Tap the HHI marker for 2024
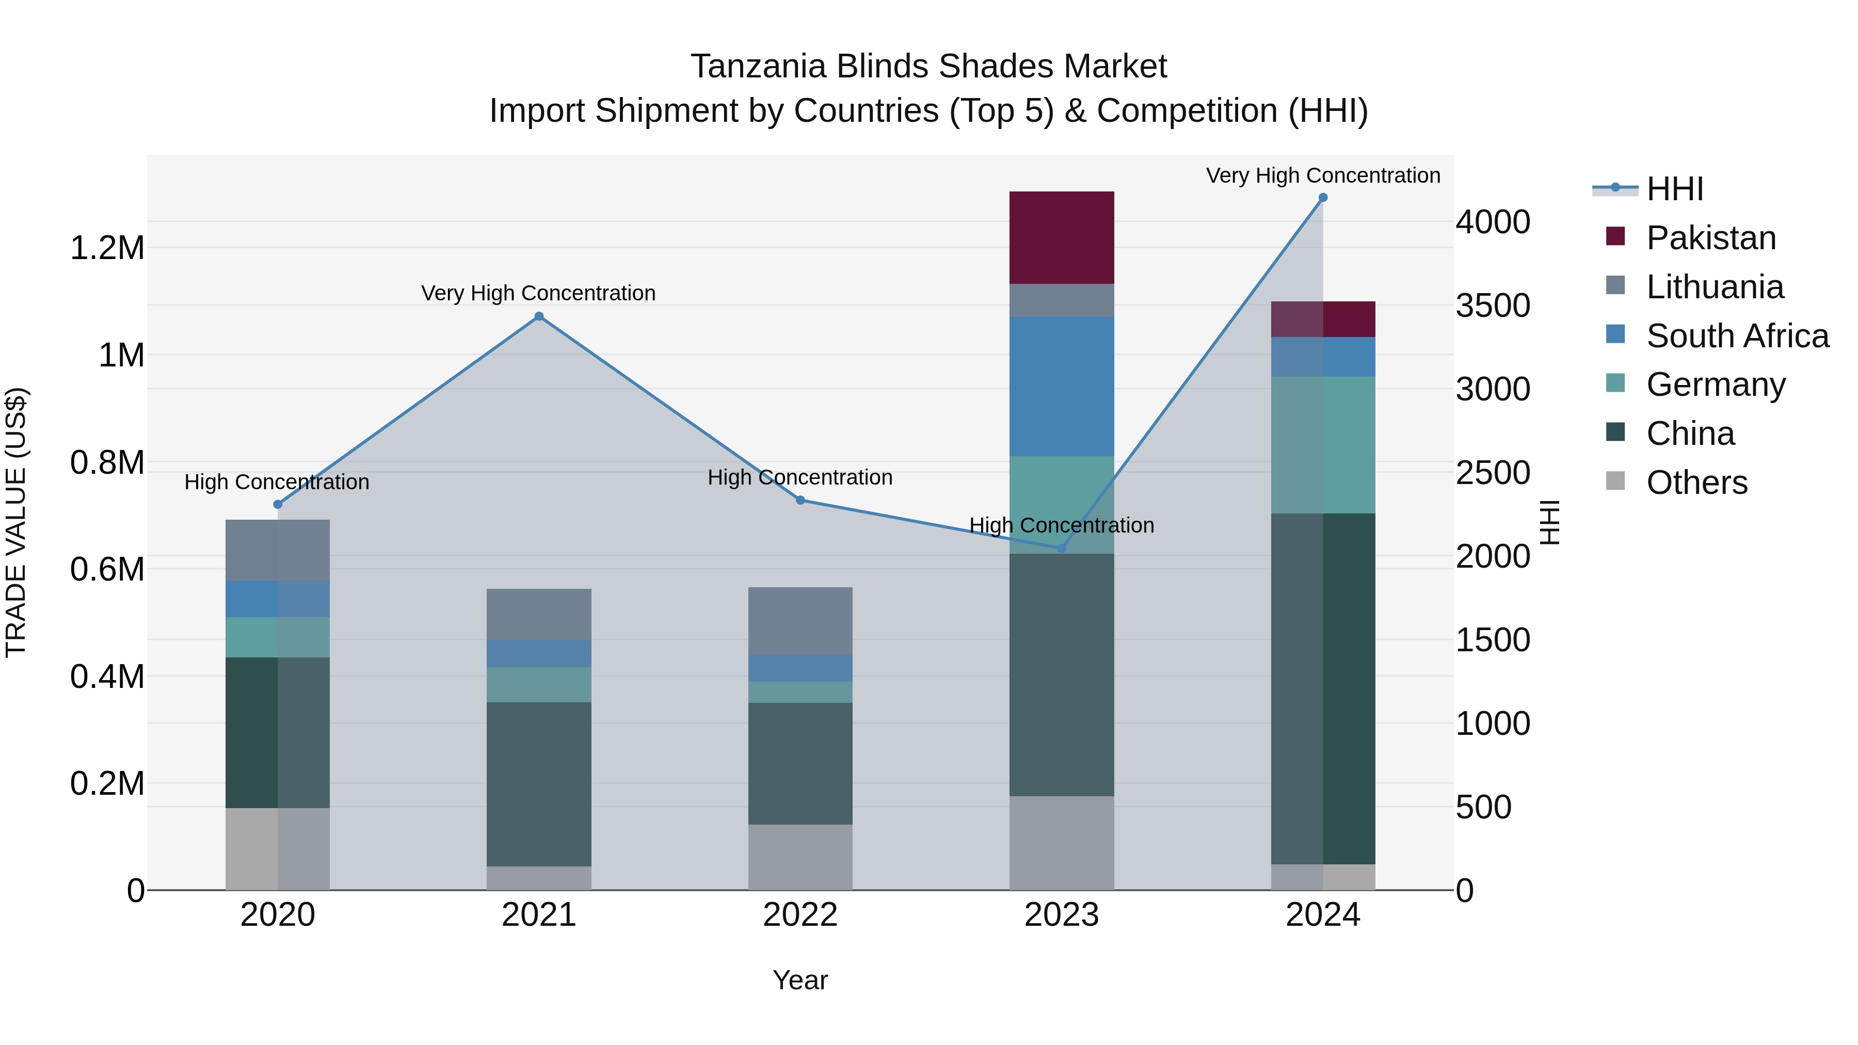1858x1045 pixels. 1323,198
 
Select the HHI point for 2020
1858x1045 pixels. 278,504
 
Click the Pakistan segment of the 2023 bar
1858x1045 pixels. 1061,237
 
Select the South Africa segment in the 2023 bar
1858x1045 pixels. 1061,387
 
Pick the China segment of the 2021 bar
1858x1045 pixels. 539,784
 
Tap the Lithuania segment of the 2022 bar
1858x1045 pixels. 800,621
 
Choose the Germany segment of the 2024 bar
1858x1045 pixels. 1323,445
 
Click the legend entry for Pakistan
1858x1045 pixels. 1710,238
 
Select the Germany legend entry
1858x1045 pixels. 1715,384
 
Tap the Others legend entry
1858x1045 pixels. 1696,483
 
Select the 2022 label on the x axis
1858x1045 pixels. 800,915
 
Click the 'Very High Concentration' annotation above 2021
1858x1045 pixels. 538,294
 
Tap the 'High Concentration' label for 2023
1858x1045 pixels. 1061,526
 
